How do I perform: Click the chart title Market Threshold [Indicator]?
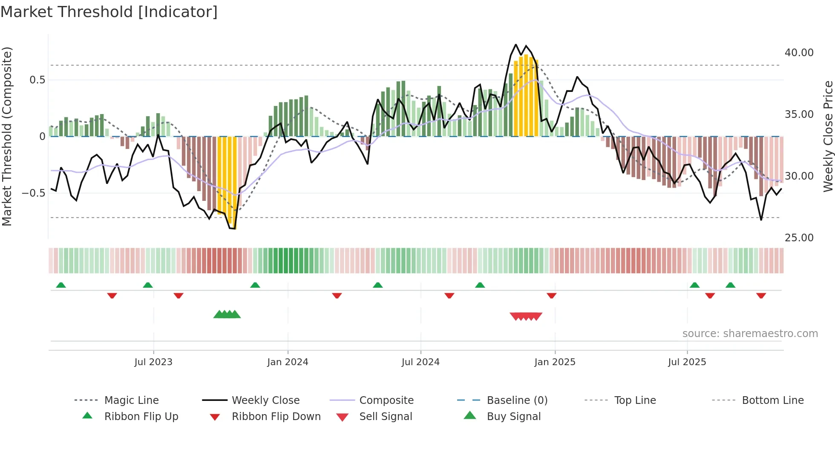click(109, 12)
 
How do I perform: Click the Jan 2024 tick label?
click(288, 362)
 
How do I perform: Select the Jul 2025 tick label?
click(687, 362)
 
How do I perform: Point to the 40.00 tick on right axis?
click(799, 53)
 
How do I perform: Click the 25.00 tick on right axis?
click(799, 238)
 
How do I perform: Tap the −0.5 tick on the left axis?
click(33, 193)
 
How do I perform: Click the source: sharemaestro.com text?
click(750, 334)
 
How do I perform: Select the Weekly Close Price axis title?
click(828, 136)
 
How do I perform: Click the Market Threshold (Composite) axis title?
click(7, 136)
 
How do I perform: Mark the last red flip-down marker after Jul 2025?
click(761, 296)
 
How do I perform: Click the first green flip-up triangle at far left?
click(61, 285)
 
